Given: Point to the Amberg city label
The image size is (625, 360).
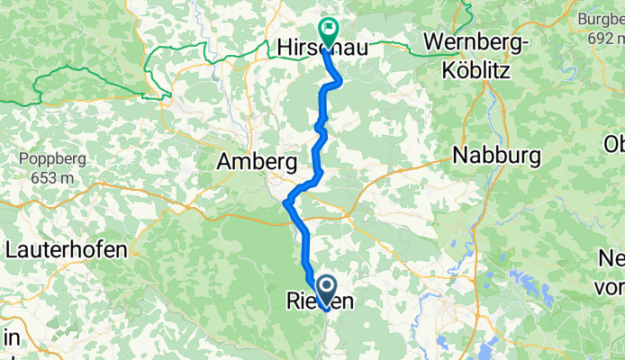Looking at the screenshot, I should (257, 163).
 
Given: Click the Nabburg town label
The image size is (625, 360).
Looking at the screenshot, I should (497, 155).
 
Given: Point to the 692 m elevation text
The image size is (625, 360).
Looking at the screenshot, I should (605, 40).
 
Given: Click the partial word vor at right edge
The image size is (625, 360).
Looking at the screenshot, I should (611, 287).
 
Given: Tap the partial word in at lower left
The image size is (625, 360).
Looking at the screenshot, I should (10, 338).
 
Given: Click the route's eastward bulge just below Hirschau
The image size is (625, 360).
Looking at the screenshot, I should (340, 82).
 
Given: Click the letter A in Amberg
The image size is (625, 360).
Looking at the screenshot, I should (224, 163).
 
